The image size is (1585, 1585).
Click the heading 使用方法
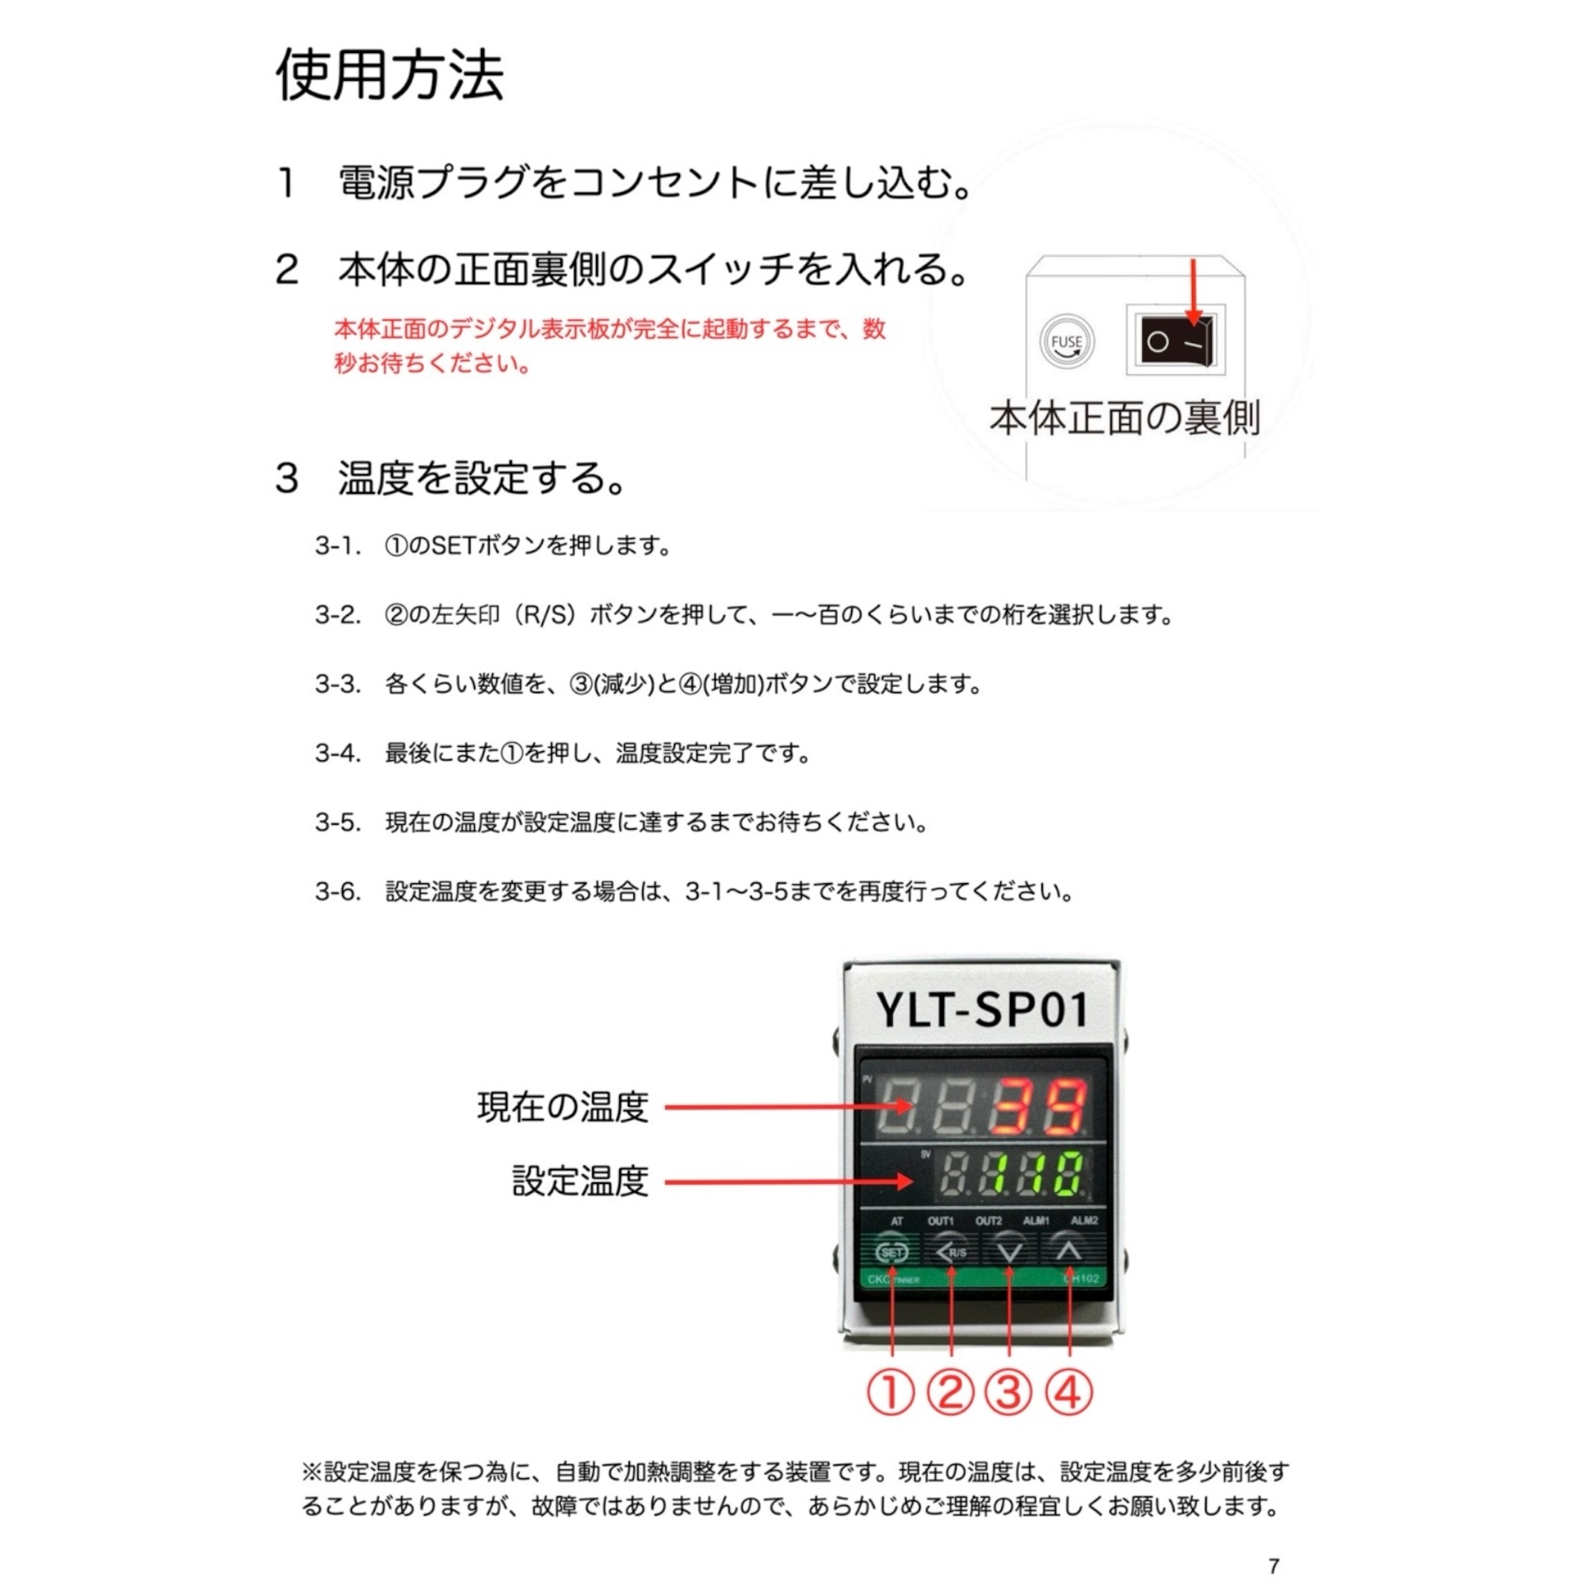pos(390,74)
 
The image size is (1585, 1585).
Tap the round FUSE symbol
pos(1067,342)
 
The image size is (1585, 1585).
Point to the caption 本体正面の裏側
pos(1125,418)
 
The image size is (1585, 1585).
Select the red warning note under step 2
pos(609,346)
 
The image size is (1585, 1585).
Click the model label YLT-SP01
pos(982,1009)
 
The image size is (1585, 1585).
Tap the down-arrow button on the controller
pos(1009,1252)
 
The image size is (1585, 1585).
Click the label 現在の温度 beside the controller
pos(563,1106)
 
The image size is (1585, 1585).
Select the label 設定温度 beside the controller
pos(581,1182)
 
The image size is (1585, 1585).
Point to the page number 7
pos(1274,1566)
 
